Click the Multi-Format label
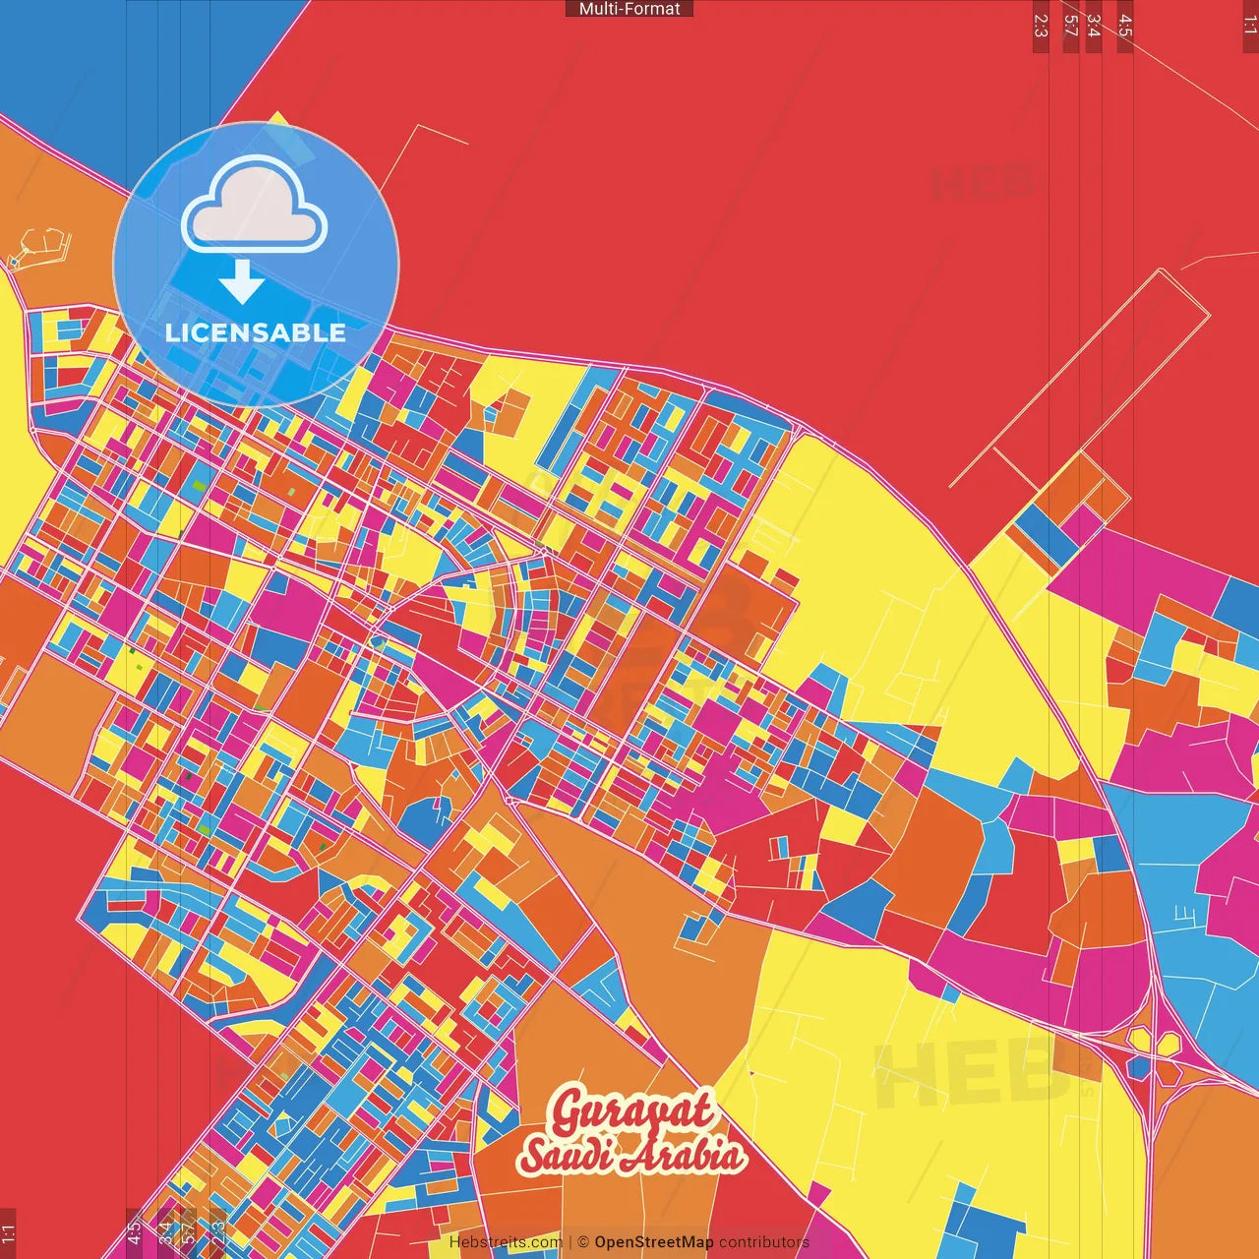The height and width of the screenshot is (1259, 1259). [629, 9]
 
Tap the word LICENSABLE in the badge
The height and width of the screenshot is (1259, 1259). [255, 332]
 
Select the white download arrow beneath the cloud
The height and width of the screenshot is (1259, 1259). [242, 282]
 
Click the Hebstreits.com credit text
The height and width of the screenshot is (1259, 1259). [506, 1242]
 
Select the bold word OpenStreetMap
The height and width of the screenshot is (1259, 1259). [654, 1242]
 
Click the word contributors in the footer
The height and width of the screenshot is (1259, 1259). [764, 1242]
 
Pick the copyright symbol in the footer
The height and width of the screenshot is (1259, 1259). [583, 1242]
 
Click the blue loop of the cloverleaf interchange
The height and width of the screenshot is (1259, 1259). [1138, 1068]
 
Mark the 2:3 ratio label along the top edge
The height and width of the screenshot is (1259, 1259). [1041, 26]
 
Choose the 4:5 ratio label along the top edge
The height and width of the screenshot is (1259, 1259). [1125, 26]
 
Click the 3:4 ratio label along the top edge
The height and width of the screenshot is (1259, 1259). [1093, 26]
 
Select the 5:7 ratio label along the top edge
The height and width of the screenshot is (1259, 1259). [1071, 26]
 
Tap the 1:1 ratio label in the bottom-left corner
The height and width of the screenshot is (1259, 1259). [8, 1233]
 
